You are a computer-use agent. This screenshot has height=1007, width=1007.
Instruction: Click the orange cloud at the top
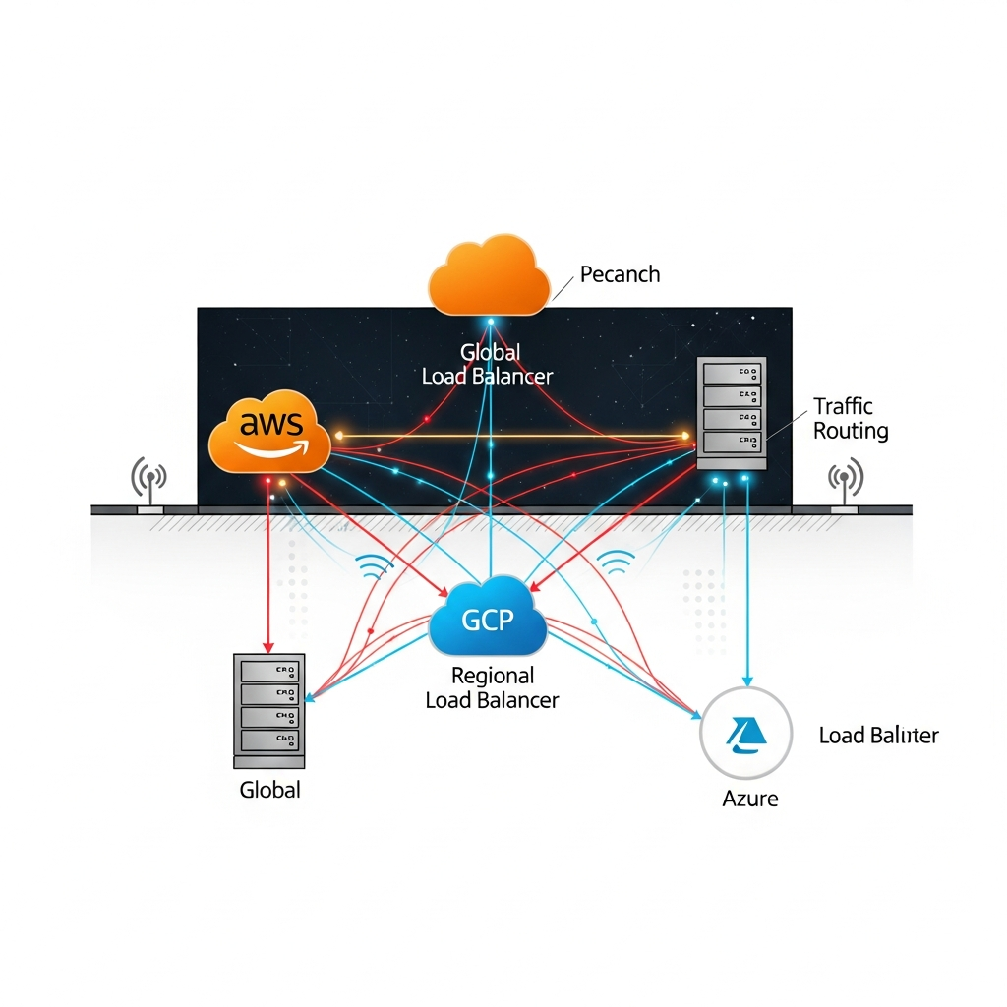click(x=489, y=275)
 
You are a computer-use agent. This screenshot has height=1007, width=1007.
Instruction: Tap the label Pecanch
click(x=620, y=273)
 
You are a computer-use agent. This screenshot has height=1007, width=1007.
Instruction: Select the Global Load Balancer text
click(x=488, y=364)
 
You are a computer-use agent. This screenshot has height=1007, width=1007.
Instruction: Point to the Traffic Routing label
click(x=851, y=418)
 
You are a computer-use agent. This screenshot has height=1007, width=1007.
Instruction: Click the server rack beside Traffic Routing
click(x=731, y=414)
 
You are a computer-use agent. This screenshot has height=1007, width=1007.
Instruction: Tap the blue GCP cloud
click(x=488, y=620)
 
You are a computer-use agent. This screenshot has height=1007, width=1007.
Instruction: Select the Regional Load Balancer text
click(x=492, y=687)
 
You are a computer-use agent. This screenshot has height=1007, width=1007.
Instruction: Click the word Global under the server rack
click(x=269, y=789)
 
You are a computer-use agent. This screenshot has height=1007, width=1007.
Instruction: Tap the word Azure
click(x=749, y=798)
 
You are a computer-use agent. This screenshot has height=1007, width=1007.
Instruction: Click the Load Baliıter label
click(x=878, y=735)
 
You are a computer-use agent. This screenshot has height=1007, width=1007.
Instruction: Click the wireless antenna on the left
click(x=148, y=480)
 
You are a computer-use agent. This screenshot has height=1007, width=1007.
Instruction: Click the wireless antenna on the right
click(x=845, y=480)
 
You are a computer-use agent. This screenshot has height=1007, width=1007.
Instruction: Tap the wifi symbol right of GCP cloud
click(x=617, y=562)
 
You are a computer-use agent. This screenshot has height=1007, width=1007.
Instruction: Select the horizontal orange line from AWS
click(x=511, y=434)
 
